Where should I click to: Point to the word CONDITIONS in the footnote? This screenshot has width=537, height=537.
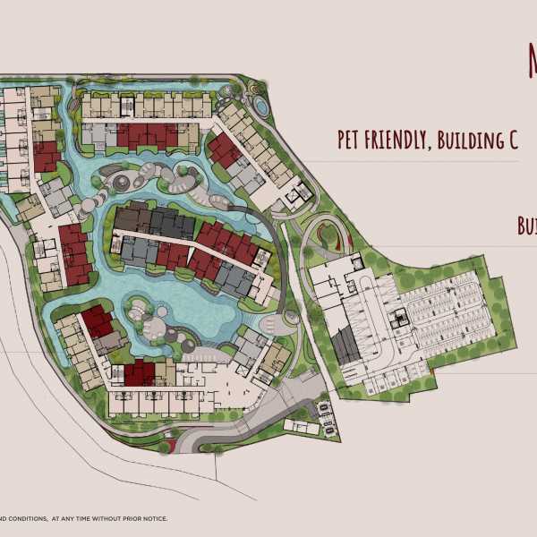pyautogui.click(x=27, y=518)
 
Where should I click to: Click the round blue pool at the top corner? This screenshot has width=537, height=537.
pyautogui.click(x=259, y=105)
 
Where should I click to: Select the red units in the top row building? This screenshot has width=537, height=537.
pyautogui.click(x=148, y=136)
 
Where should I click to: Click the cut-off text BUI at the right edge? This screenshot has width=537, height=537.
pyautogui.click(x=527, y=226)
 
